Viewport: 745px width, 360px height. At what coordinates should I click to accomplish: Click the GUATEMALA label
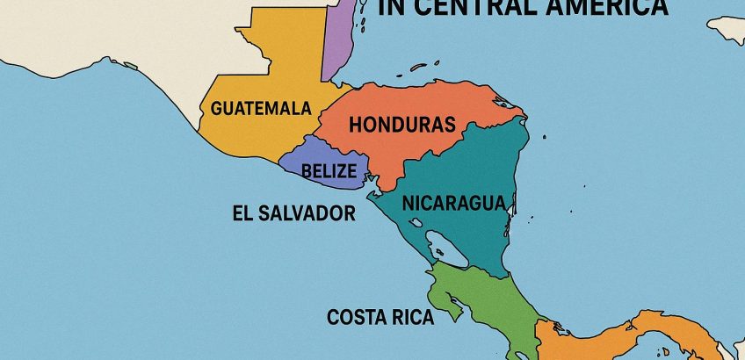pos(261,110)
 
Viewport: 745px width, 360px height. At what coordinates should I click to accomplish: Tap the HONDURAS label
pos(402,125)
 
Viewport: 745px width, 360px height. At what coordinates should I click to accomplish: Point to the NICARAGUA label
pos(454,203)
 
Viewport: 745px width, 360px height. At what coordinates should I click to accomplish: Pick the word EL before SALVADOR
pos(244,213)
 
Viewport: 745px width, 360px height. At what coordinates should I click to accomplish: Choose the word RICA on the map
pos(413,317)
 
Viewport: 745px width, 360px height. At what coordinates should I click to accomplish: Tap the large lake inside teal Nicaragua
pos(447,249)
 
